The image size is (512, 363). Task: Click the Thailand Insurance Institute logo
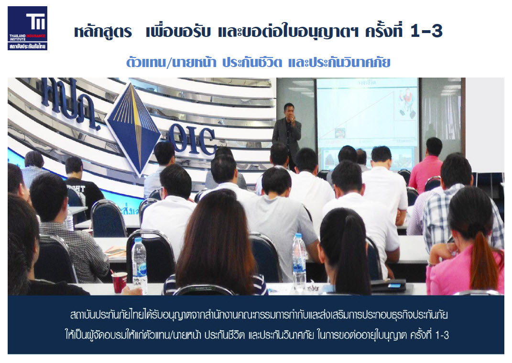(x=27, y=28)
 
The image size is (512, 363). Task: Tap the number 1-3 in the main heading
(x=426, y=32)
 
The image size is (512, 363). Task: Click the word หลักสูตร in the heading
(x=103, y=32)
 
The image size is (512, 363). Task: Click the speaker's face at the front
(x=289, y=113)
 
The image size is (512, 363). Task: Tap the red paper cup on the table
(x=119, y=282)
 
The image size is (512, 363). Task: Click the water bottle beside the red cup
(x=140, y=264)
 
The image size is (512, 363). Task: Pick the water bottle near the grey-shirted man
(x=299, y=261)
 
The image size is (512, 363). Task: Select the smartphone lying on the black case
(x=394, y=285)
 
